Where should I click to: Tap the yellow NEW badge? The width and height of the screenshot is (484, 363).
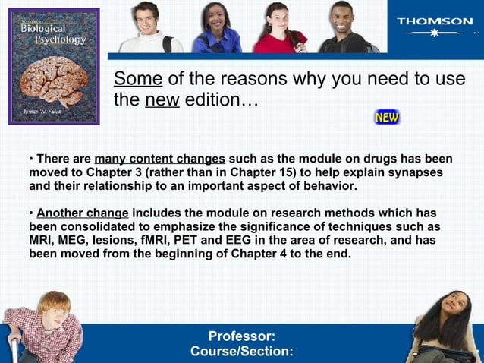387,118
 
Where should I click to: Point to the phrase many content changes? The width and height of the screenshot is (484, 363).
159,159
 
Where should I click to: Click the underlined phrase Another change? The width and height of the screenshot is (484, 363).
83,213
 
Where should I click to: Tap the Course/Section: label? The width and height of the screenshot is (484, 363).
241,352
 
